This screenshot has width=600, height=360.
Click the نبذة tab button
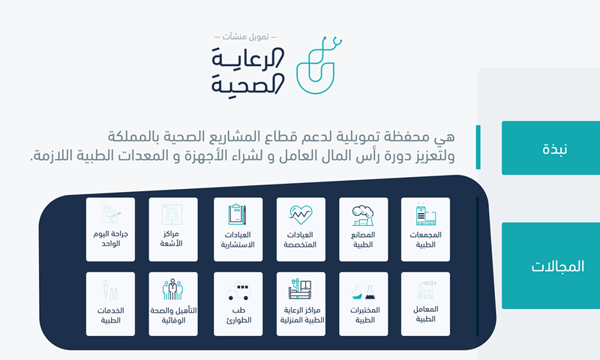[551, 148]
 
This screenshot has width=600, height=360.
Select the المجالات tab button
[551, 265]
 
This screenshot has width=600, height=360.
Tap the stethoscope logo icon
[319, 65]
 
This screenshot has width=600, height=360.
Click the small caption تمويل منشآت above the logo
[246, 37]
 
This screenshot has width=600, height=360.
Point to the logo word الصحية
[248, 84]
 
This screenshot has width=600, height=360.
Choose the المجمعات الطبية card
[425, 229]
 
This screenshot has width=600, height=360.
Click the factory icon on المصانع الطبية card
[363, 215]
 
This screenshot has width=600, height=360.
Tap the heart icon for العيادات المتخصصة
[301, 215]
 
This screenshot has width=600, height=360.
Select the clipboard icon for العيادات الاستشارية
[237, 214]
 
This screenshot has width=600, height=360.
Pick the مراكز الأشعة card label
[171, 238]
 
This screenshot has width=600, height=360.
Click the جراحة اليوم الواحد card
[110, 229]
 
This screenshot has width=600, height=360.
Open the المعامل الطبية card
[425, 304]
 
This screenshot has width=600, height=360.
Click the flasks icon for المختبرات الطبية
[364, 292]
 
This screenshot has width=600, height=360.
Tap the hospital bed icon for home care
[300, 289]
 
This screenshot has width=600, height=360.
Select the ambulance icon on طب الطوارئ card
[238, 292]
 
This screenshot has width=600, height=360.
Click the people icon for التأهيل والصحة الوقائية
[173, 289]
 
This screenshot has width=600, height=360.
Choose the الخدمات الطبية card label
[110, 315]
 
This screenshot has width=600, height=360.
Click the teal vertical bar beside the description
[478, 147]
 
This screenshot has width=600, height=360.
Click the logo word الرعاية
[248, 58]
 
